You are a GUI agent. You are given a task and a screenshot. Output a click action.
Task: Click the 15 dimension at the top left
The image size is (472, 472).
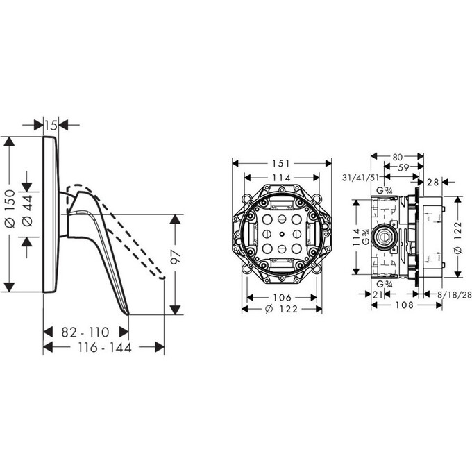pos(51,125)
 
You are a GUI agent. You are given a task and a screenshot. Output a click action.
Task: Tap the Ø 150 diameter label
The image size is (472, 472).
pos(10,208)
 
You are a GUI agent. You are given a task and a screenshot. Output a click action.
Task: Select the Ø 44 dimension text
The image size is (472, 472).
pos(27,210)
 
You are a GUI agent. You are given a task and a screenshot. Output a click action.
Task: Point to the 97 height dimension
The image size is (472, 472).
pos(176,257)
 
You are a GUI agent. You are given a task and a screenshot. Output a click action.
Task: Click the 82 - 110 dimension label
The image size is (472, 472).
pos(85,332)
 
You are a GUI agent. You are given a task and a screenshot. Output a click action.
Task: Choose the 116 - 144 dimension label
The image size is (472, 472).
pos(105,347)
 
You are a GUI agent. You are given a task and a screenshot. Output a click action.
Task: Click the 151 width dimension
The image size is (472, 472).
pos(281,163)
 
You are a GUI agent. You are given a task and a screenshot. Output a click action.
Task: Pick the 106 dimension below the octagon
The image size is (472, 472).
pos(282,297)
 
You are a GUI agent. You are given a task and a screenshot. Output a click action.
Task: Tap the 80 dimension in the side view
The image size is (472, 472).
pos(398,157)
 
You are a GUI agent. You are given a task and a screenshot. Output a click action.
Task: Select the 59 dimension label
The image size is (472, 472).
pos(403,167)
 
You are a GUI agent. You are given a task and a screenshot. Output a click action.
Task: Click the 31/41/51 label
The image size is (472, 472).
pos(360,178)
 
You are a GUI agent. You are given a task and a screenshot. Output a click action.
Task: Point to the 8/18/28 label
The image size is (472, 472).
pos(454,295)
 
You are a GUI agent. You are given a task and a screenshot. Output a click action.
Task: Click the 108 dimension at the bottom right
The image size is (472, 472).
pos(405,305)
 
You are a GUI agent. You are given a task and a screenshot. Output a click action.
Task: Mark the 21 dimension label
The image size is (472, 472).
pos(377,295)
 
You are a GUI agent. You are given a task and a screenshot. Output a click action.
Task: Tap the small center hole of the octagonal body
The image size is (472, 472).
pos(281,234)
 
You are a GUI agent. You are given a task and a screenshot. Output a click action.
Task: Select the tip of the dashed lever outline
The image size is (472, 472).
pos(163,278)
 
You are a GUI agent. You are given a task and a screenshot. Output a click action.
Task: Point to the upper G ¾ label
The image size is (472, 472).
pos(385,190)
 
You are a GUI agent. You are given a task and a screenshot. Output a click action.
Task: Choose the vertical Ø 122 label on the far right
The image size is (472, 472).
pos(457,238)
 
